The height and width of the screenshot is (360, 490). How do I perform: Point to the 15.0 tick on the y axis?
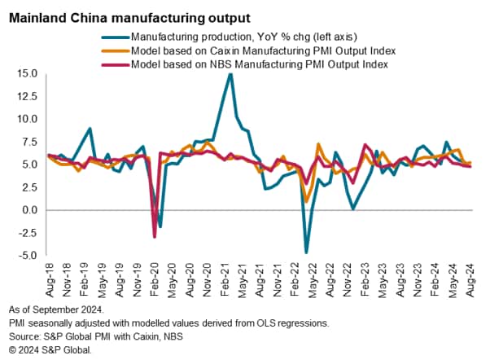pyautogui.click(x=27, y=73)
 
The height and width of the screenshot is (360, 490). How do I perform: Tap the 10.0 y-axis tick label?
pyautogui.click(x=27, y=119)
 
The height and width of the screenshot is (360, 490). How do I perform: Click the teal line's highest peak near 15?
pyautogui.click(x=230, y=74)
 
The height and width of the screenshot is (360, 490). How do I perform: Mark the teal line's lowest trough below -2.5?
pyautogui.click(x=307, y=252)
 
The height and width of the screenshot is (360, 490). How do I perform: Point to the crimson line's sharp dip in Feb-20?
pyautogui.click(x=155, y=237)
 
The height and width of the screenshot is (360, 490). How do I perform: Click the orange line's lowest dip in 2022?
pyautogui.click(x=306, y=201)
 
